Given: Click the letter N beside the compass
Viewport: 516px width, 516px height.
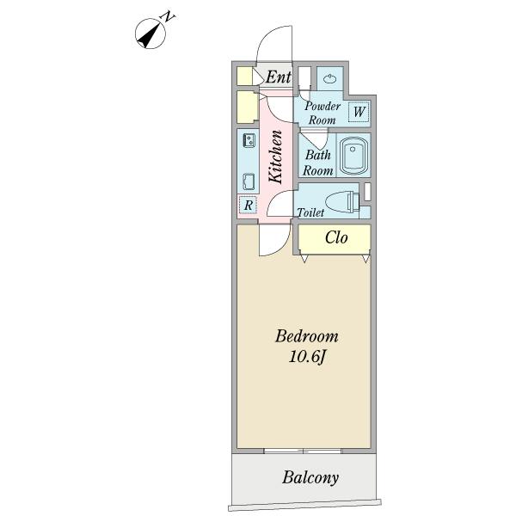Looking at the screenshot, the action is (169, 16).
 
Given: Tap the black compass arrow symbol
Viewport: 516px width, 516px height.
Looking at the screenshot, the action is (149, 35).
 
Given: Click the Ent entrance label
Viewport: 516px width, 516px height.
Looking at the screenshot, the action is (279, 77).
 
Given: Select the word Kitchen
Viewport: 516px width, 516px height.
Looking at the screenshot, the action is (275, 157).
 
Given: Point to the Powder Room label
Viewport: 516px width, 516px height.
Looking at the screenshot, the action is (322, 113).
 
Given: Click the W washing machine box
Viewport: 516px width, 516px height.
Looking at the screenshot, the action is (359, 112).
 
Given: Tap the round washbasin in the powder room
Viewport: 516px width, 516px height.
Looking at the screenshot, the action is (329, 79).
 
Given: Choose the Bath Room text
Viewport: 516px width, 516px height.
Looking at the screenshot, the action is (318, 163).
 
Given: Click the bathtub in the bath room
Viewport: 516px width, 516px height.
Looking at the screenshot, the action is (353, 156).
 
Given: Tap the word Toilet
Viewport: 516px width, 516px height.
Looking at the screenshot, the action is (310, 212).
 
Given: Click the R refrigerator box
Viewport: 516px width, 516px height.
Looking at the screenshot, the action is (249, 205).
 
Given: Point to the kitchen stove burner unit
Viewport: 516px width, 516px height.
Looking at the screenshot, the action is (249, 140).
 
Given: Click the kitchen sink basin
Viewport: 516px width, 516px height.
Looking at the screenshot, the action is (249, 181).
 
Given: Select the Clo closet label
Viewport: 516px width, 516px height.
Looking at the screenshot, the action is (336, 237).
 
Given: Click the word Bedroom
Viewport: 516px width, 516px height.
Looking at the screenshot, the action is (307, 336).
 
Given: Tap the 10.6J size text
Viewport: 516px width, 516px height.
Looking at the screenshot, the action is (307, 357).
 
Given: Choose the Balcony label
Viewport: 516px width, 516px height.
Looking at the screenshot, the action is (310, 478).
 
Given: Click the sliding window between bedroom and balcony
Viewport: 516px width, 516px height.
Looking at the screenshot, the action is (303, 451).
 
